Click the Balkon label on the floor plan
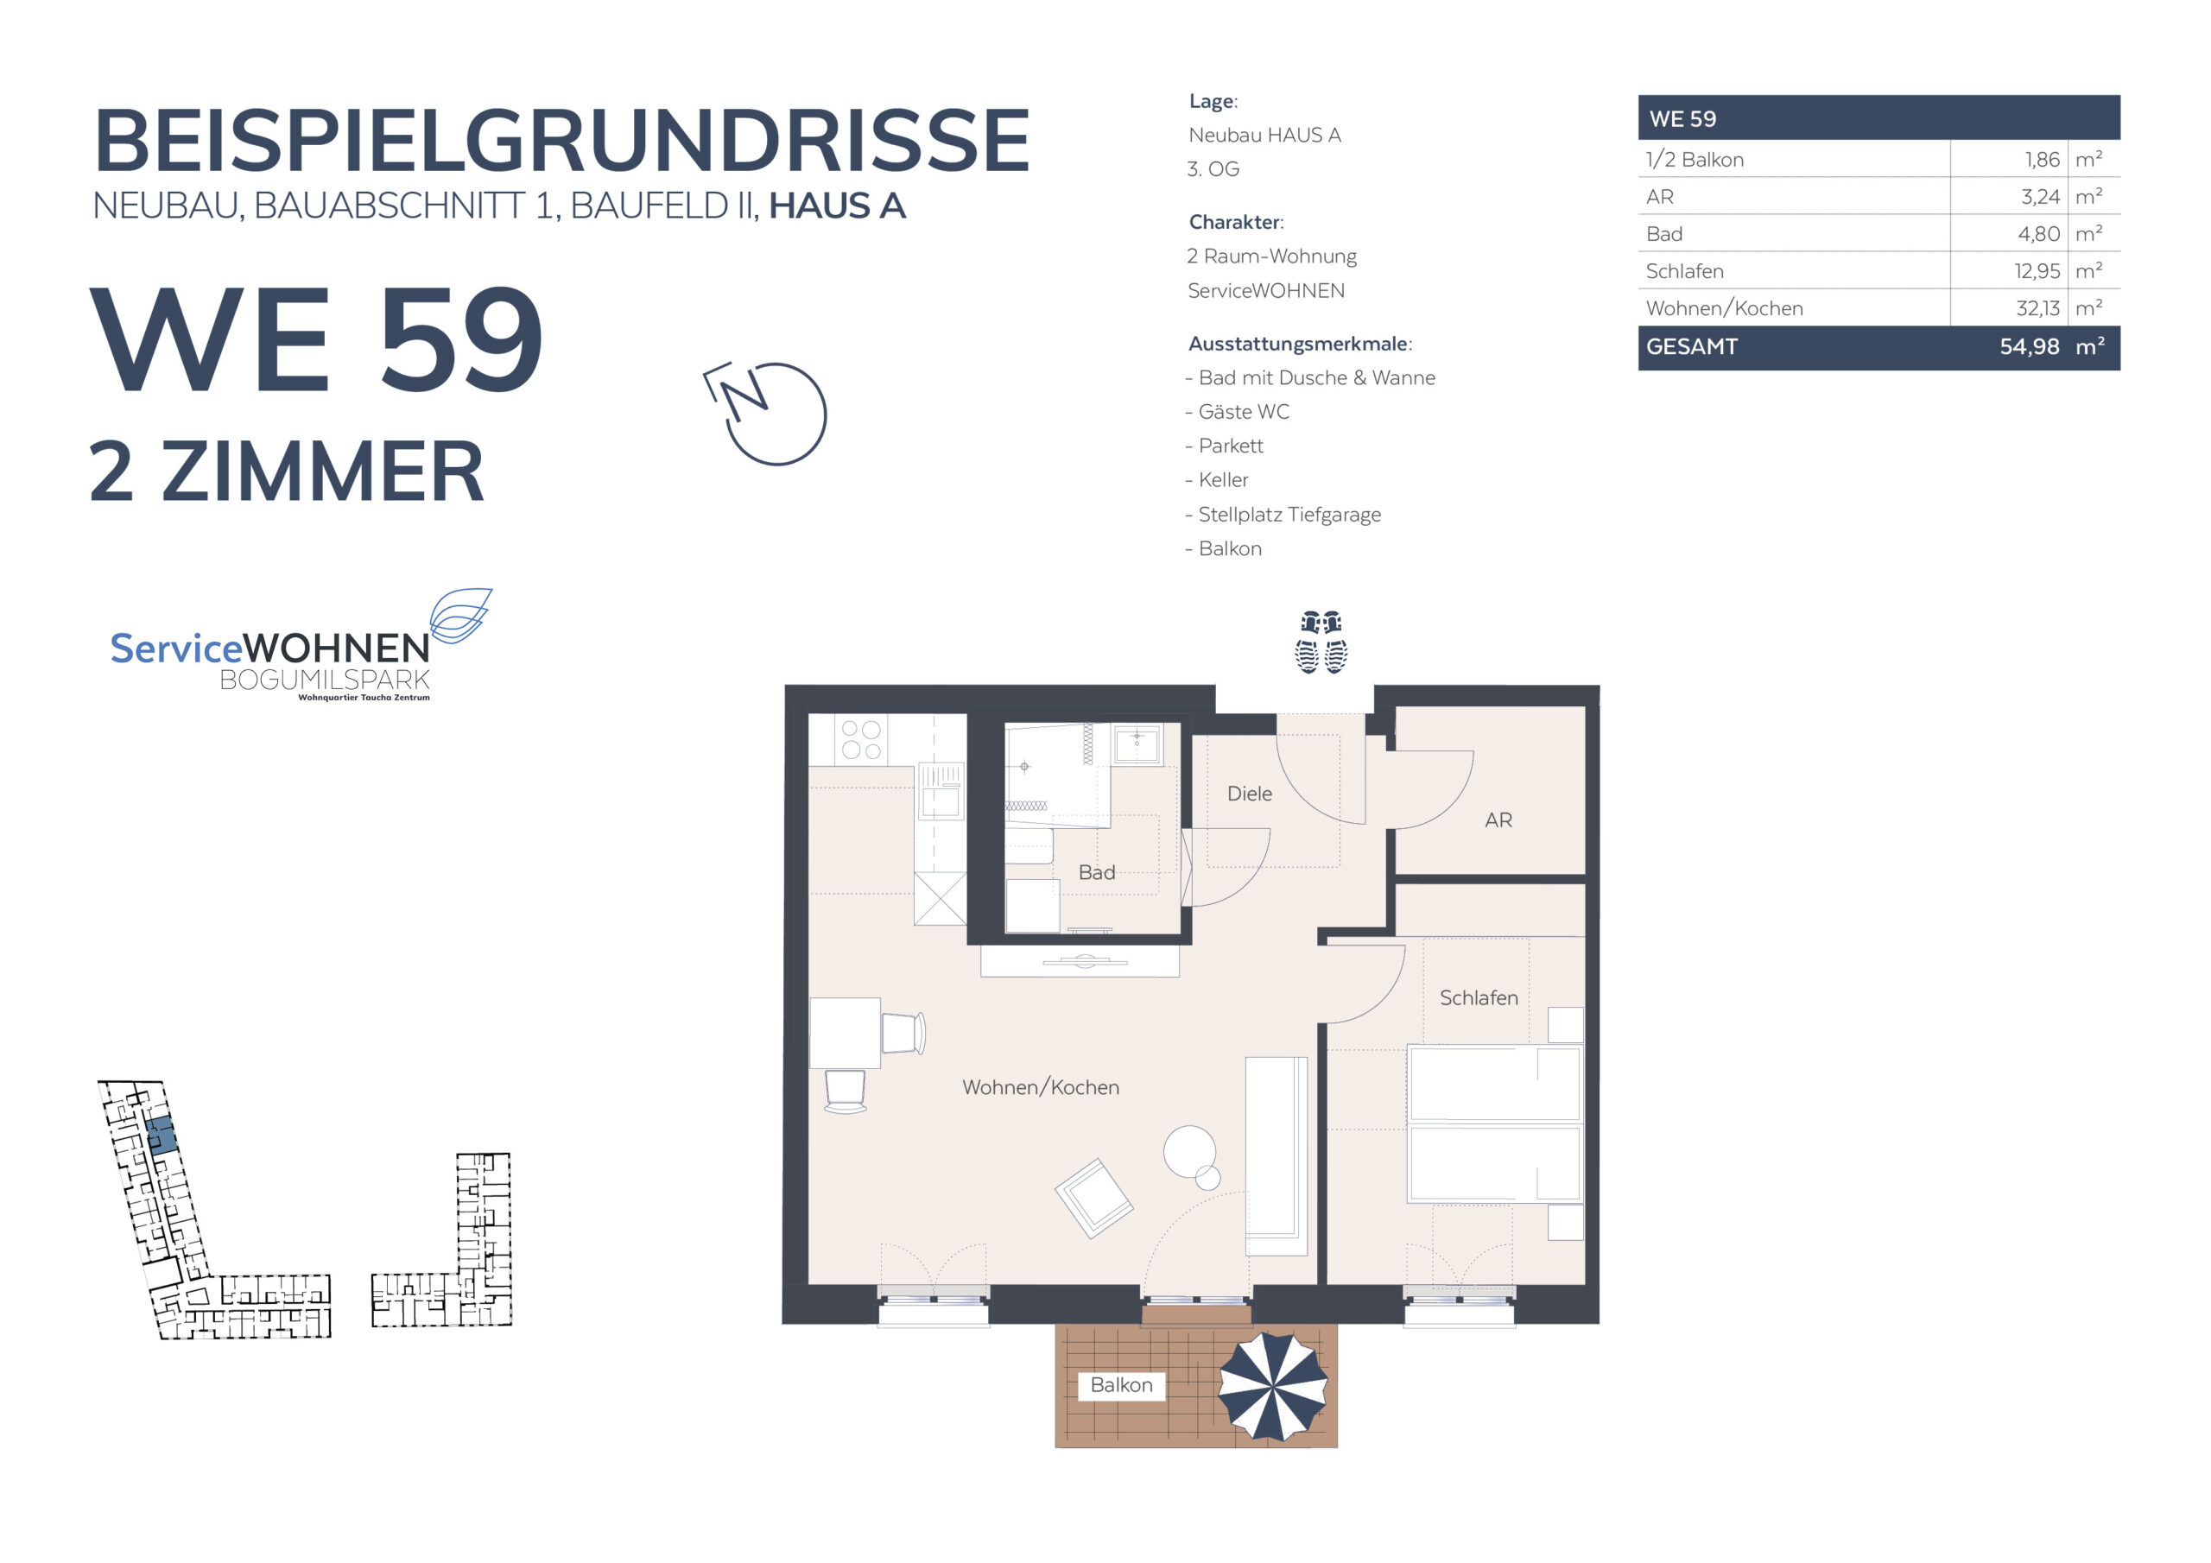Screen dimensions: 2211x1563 point(1121,1385)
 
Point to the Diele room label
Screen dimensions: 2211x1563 point(1249,794)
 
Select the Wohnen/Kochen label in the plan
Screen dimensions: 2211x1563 point(1040,1087)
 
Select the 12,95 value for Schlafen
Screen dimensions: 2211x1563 point(2037,271)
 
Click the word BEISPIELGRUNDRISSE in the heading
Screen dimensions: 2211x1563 point(561,140)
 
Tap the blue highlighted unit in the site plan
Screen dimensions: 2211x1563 point(162,1136)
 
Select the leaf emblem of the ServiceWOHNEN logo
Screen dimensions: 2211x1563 point(460,615)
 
